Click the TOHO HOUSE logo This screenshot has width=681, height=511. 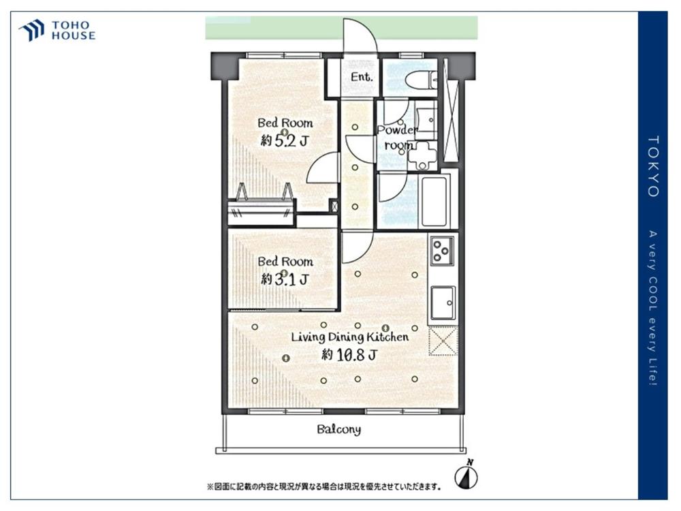tap(57, 31)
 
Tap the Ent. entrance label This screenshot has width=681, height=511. tap(362, 78)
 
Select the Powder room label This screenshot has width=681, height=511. tap(397, 138)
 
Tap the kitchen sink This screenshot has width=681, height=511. tap(443, 303)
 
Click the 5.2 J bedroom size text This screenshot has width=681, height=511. tap(285, 141)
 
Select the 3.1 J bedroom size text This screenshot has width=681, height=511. tap(285, 279)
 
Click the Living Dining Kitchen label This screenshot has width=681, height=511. tap(349, 337)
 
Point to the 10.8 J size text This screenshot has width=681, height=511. tap(349, 355)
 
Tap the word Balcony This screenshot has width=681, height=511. tap(338, 430)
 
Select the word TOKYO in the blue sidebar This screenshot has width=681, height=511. tap(654, 166)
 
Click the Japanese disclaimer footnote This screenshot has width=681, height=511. tap(324, 486)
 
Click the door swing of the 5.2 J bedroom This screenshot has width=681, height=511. tap(322, 168)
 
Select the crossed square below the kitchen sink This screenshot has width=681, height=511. tap(443, 341)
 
